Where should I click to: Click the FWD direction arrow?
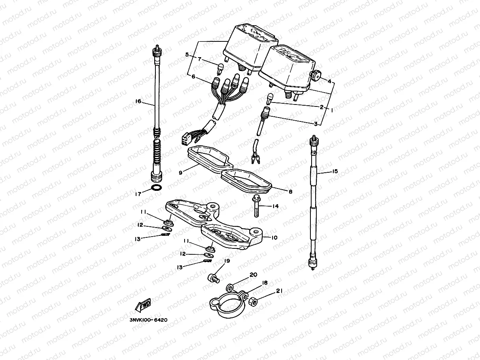(x=142, y=304)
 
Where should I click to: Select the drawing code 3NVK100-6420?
(x=148, y=320)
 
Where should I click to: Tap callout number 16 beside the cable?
(x=138, y=102)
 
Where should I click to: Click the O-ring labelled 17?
(x=156, y=187)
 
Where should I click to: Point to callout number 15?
(x=335, y=171)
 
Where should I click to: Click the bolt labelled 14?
(x=254, y=206)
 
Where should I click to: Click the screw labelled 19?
(x=213, y=278)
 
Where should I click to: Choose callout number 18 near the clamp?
(x=265, y=283)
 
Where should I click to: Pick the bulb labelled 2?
(x=271, y=97)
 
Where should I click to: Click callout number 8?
(x=290, y=192)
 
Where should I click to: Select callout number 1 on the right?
(x=332, y=111)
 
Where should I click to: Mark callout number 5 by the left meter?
(x=187, y=55)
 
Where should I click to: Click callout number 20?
(x=253, y=274)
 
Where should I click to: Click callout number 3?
(x=316, y=124)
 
